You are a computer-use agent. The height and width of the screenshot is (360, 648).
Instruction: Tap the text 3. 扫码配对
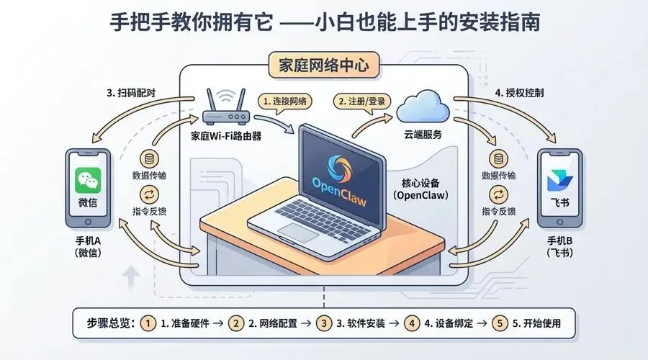pos(132,92)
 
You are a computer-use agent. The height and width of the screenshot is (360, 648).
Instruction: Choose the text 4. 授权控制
pos(524,92)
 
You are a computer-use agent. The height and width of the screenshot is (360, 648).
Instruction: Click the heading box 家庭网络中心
pos(323,65)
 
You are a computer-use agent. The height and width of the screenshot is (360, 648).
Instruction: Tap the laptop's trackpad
pos(303,231)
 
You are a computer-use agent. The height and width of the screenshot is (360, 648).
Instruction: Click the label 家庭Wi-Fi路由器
pos(225,135)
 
